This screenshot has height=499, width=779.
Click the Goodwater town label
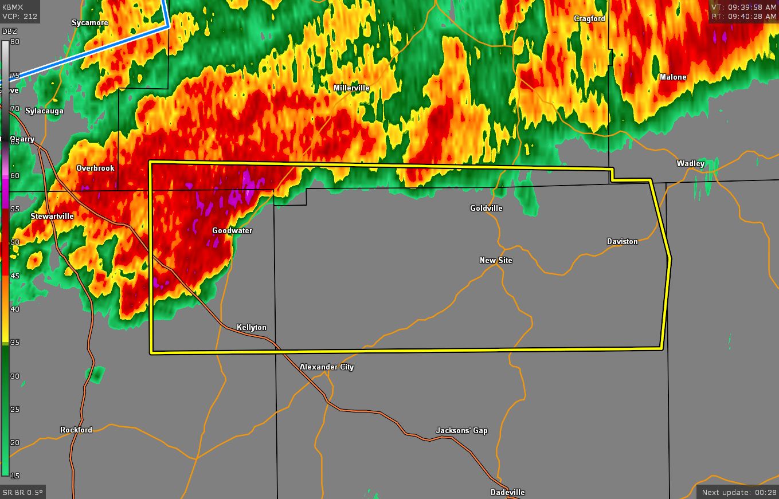tap(232, 231)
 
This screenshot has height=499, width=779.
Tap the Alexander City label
tap(327, 367)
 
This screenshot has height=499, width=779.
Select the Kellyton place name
tap(252, 328)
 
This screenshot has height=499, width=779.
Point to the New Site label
tap(496, 261)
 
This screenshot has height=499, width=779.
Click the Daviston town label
tap(622, 242)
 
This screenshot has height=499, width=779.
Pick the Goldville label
tap(486, 209)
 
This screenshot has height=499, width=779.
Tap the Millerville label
tap(351, 88)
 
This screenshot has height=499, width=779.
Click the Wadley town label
tap(690, 164)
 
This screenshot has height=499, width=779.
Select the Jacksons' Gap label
tap(461, 431)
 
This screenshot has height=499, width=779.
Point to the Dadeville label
tap(507, 493)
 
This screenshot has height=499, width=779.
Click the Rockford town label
tap(76, 430)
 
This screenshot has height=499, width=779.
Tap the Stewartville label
tap(52, 217)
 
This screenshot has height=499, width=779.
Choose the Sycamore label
tap(90, 23)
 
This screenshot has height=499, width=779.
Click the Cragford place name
tap(589, 19)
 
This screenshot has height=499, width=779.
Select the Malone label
tap(672, 77)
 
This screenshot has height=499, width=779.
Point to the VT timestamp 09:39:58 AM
tap(744, 7)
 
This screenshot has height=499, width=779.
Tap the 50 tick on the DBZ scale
tap(15, 242)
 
